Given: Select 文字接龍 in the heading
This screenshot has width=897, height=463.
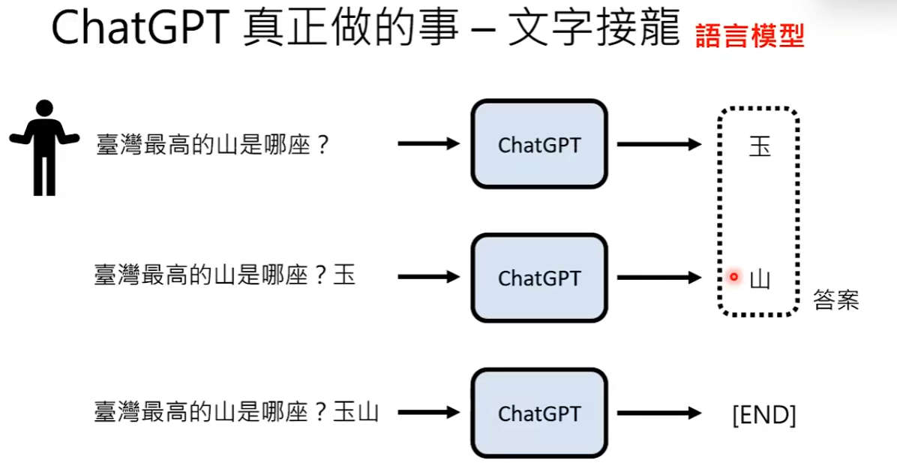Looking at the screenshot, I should (x=595, y=31).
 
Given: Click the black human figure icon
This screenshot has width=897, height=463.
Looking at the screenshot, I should (x=44, y=147).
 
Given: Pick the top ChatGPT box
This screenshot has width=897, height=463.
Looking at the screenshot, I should (x=538, y=144).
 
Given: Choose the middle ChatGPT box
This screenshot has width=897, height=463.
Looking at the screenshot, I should (x=538, y=278).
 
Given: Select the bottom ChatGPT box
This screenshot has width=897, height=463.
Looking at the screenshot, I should (x=538, y=413).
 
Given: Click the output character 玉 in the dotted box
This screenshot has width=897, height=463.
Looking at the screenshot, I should (x=760, y=146).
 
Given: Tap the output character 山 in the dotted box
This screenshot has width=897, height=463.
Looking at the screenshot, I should (x=760, y=279).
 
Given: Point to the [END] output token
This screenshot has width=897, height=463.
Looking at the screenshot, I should (x=763, y=414).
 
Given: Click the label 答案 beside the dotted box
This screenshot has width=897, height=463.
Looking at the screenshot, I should (x=835, y=301).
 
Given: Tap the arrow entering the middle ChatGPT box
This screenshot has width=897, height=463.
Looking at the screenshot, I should (x=427, y=277).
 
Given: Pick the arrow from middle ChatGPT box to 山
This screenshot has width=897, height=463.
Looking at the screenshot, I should (x=658, y=278).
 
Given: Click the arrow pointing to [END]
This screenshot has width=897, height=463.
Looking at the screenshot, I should (x=658, y=413).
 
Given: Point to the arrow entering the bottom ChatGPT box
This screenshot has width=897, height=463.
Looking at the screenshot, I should (x=427, y=412).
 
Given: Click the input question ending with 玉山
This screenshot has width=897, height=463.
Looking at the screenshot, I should (x=236, y=412).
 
